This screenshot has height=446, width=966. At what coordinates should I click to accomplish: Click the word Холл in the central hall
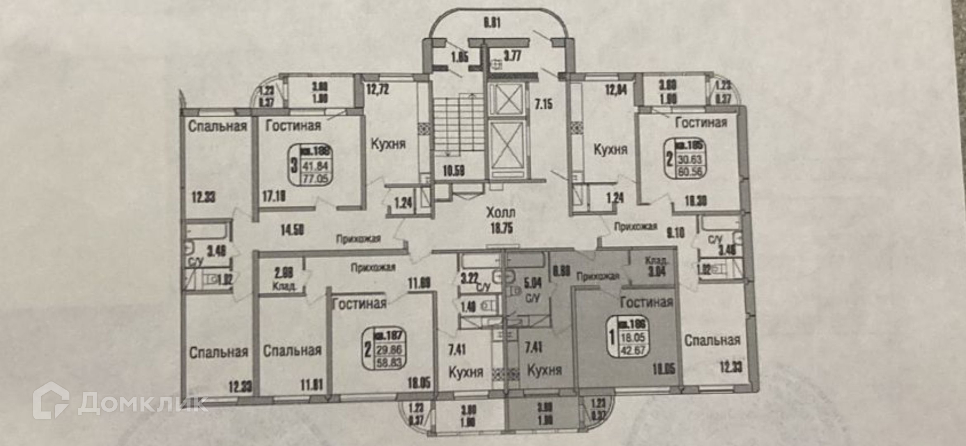[x=501, y=212]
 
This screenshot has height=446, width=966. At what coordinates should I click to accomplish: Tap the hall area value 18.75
[x=501, y=228]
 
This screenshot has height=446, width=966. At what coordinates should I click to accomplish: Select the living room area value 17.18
[x=273, y=195]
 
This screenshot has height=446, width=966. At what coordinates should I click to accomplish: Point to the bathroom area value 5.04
[x=533, y=282]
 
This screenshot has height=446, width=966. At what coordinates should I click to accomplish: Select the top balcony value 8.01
[x=492, y=23]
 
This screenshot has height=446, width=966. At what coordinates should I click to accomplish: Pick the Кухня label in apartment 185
[x=610, y=150]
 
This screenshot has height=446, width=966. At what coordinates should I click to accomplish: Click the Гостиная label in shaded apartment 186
[x=646, y=302]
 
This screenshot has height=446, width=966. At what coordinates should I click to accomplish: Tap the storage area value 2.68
[x=284, y=274]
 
